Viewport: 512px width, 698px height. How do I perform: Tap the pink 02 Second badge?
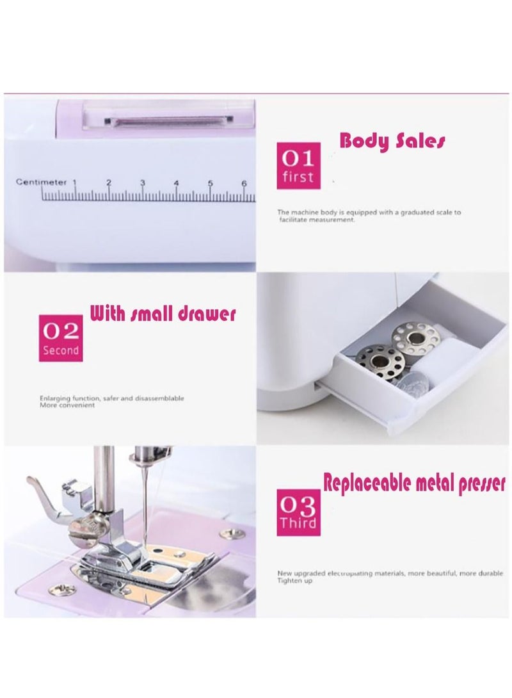[61, 338]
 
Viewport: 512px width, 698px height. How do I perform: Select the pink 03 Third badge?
[298, 512]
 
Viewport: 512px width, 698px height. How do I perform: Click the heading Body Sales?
[392, 140]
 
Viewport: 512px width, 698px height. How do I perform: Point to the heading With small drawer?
[163, 314]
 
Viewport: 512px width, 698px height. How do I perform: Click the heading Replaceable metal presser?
[414, 483]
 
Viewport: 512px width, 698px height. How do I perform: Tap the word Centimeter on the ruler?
[41, 183]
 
